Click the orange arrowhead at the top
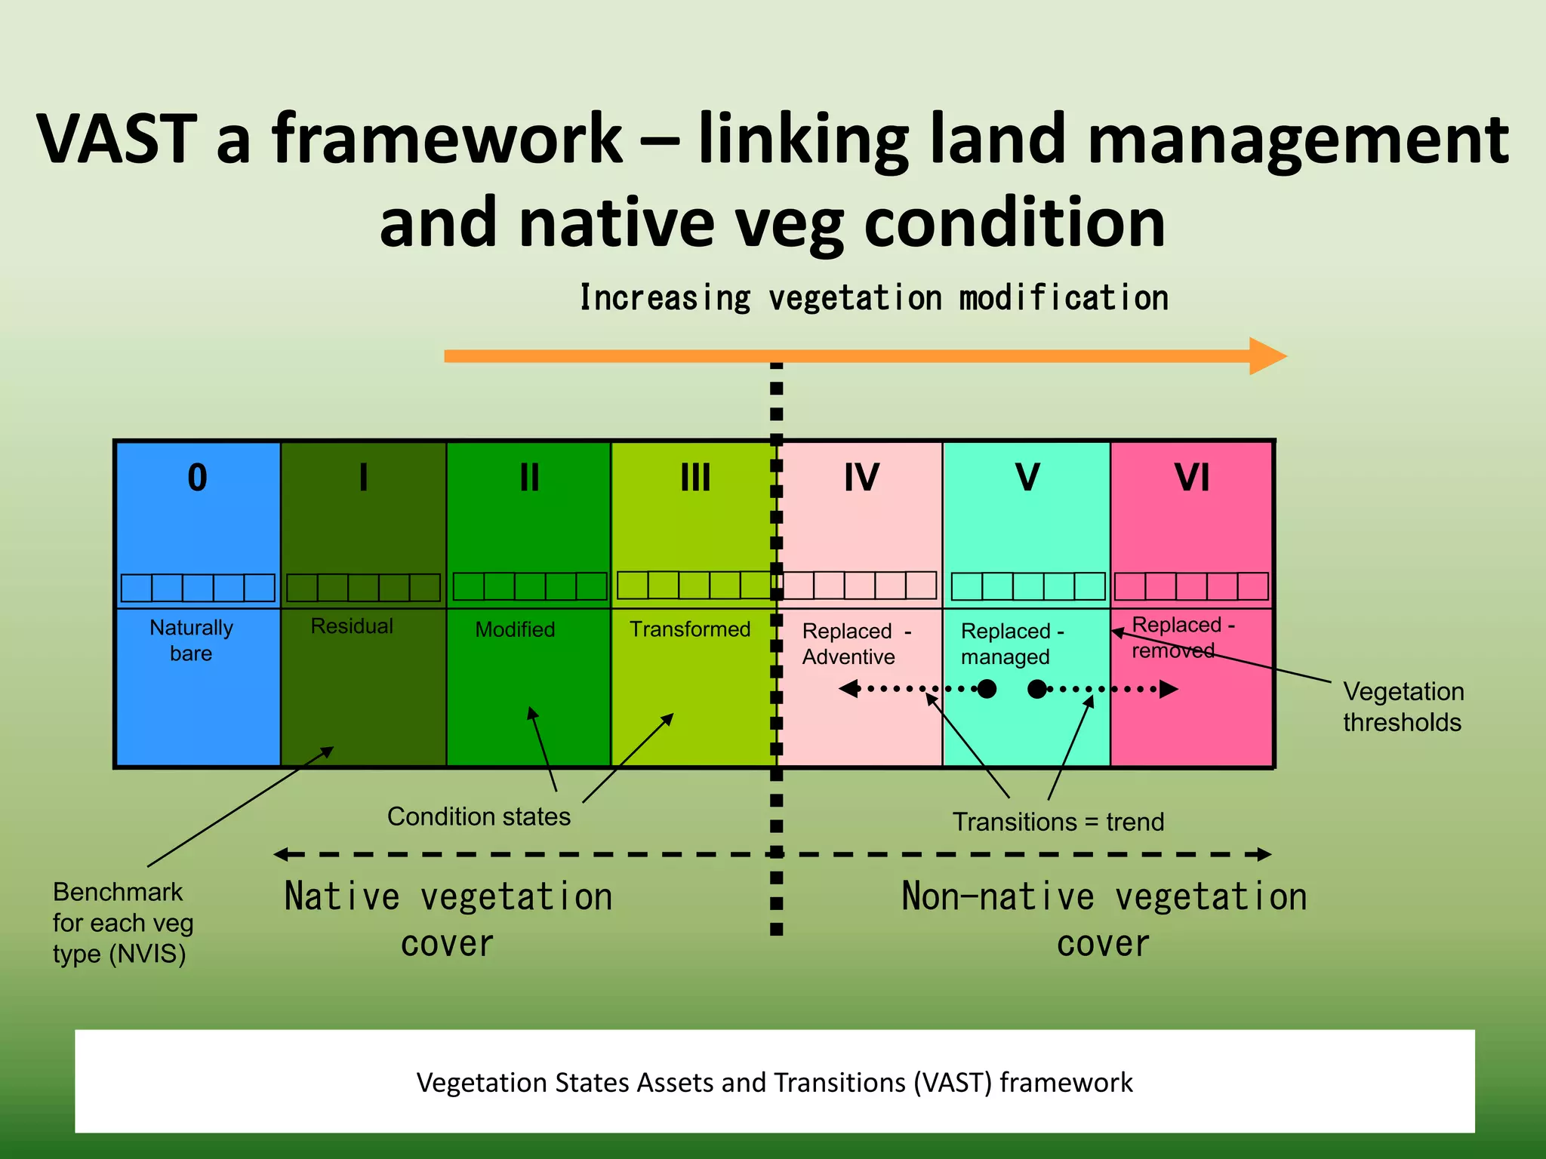pos(1267,356)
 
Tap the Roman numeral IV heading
pos(861,478)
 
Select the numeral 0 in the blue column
pos(197,478)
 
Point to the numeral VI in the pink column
pos(1192,478)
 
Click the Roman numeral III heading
pos(695,478)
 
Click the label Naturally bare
pos(191,640)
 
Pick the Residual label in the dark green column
pos(352,626)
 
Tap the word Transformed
pos(690,629)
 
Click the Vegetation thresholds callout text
pos(1403,706)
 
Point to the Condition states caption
pos(479,816)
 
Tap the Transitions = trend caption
pos(1058,822)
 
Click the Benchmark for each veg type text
pos(122,923)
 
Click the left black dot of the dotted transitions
pos(987,689)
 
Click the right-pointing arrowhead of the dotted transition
pos(1168,689)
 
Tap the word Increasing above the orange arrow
pos(664,298)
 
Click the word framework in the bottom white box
pos(1066,1082)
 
